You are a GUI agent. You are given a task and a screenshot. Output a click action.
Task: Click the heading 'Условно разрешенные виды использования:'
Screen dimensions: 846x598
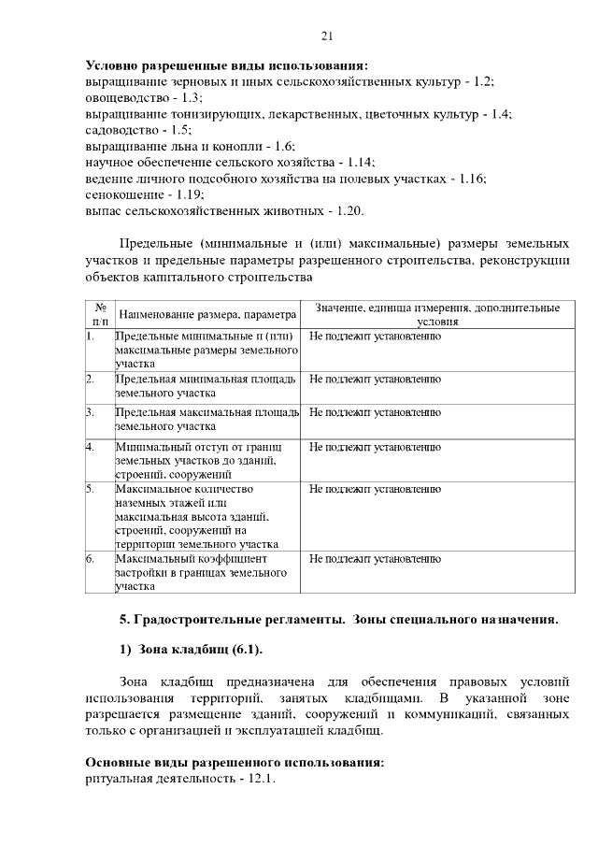click(227, 65)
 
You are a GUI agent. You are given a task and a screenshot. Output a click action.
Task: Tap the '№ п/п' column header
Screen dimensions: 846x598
click(99, 313)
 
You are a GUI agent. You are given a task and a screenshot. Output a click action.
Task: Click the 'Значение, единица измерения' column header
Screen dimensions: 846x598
click(437, 313)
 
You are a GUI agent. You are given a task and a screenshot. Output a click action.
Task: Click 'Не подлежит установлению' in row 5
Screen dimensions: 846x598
click(375, 489)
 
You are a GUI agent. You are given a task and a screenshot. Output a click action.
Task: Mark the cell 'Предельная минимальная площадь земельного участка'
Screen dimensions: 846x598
click(206, 387)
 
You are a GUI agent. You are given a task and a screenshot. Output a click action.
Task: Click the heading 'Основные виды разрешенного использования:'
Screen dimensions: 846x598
click(235, 762)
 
